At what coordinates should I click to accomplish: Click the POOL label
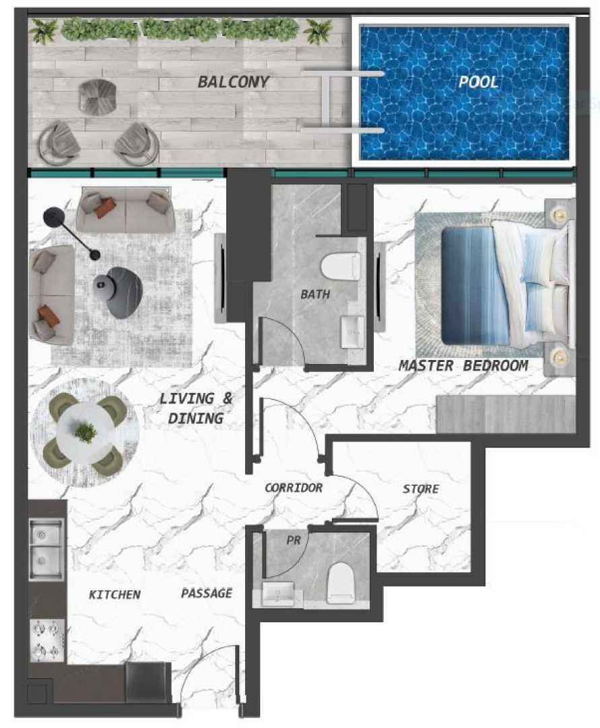pyautogui.click(x=478, y=82)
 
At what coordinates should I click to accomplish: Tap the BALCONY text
pyautogui.click(x=233, y=82)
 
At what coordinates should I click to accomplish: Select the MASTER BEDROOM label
pyautogui.click(x=463, y=366)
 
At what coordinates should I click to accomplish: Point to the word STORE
pyautogui.click(x=421, y=489)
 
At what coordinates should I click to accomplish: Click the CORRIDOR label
pyautogui.click(x=294, y=487)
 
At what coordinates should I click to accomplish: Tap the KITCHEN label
pyautogui.click(x=114, y=595)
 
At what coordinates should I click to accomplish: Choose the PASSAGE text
pyautogui.click(x=206, y=593)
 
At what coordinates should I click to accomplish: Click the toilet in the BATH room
pyautogui.click(x=341, y=267)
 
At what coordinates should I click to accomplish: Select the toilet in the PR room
pyautogui.click(x=341, y=583)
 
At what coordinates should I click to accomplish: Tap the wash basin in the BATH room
pyautogui.click(x=353, y=332)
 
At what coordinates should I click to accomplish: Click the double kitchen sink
pyautogui.click(x=46, y=550)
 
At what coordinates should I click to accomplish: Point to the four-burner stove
pyautogui.click(x=47, y=640)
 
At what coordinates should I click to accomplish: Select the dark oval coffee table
pyautogui.click(x=123, y=293)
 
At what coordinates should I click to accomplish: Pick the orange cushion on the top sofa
pyautogui.click(x=104, y=208)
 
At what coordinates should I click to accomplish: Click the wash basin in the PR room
pyautogui.click(x=277, y=594)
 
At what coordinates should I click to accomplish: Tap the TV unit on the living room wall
pyautogui.click(x=220, y=278)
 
